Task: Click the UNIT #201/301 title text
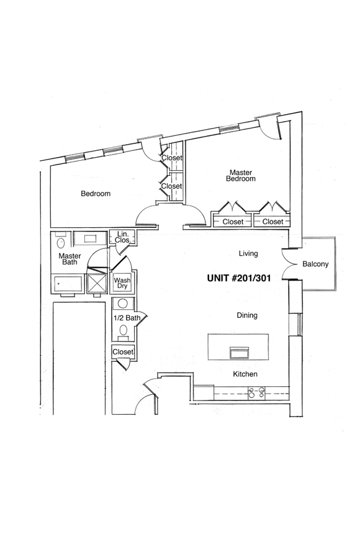[x=239, y=278]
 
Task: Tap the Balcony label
[x=315, y=264]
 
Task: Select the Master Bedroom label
[x=241, y=176]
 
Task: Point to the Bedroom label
[x=96, y=194]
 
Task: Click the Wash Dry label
[x=122, y=283]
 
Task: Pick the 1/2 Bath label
[x=127, y=318]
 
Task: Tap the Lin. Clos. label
[x=123, y=237]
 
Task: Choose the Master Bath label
[x=70, y=259]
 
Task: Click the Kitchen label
[x=245, y=374]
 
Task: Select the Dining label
[x=247, y=315]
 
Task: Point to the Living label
[x=248, y=253]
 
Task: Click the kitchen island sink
[x=240, y=353]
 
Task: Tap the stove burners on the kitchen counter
[x=256, y=392]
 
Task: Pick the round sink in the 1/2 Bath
[x=123, y=303]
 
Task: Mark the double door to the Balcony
[x=288, y=264]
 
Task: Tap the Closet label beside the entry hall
[x=123, y=352]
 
